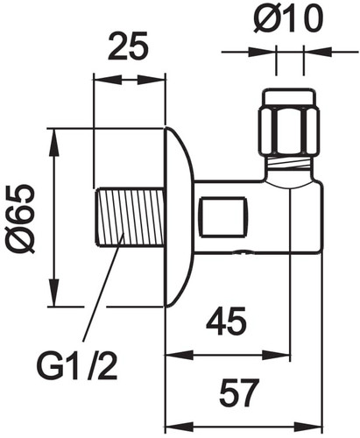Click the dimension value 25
[x=128, y=47]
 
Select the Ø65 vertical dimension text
[x=22, y=218]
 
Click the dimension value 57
[x=239, y=392]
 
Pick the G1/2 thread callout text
[x=77, y=365]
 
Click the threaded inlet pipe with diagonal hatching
[x=129, y=217]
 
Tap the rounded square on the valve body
[x=223, y=217]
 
